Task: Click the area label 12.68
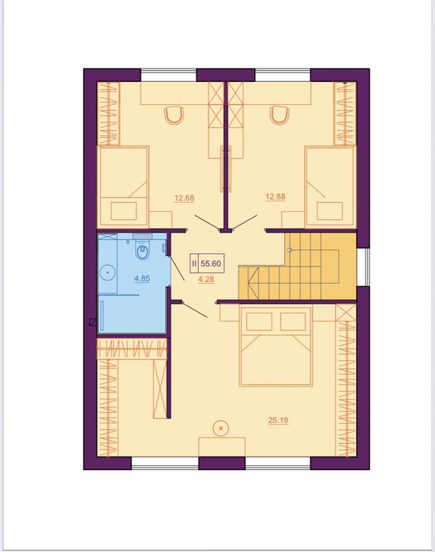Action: click(x=185, y=198)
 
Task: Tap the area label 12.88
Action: click(x=276, y=196)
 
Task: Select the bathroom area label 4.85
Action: click(x=142, y=278)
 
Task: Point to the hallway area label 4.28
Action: click(x=206, y=279)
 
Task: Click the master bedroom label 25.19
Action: click(x=278, y=420)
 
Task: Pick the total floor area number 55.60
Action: click(x=211, y=263)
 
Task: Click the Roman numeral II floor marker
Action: click(x=194, y=263)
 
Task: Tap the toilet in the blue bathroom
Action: click(x=142, y=250)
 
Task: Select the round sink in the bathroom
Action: click(x=107, y=272)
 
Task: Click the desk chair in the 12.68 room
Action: click(x=174, y=115)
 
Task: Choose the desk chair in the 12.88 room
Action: click(x=279, y=115)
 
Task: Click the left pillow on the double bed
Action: click(x=259, y=322)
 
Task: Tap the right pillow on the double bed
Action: click(x=293, y=322)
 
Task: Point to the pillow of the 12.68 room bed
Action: click(x=124, y=211)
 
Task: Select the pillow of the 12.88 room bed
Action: click(x=329, y=211)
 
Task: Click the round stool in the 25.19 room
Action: click(x=221, y=428)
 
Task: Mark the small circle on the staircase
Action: click(x=290, y=250)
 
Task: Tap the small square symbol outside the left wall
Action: click(x=92, y=322)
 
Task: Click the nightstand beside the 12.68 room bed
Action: click(x=160, y=220)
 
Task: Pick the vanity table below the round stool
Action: click(x=222, y=447)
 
